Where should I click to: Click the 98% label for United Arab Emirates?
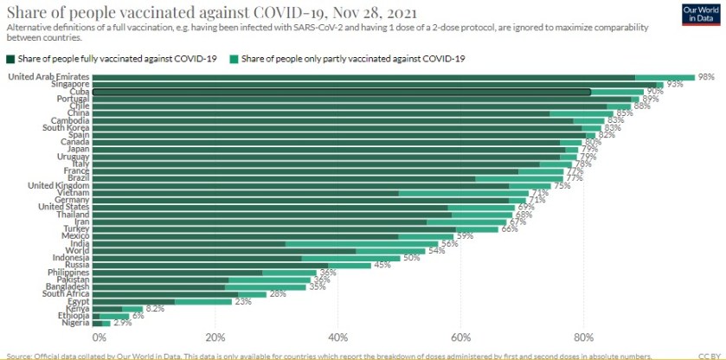click(705, 77)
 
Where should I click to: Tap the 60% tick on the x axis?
click(460, 337)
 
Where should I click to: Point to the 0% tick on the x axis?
click(98, 337)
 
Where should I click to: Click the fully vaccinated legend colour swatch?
click(10, 59)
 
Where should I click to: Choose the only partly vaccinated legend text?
click(354, 59)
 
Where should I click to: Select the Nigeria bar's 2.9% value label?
click(122, 323)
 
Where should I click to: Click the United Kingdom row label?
click(59, 185)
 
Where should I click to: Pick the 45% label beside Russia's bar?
click(382, 265)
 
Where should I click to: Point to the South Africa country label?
click(66, 293)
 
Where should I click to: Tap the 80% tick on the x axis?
click(582, 337)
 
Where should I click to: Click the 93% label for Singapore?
click(675, 84)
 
